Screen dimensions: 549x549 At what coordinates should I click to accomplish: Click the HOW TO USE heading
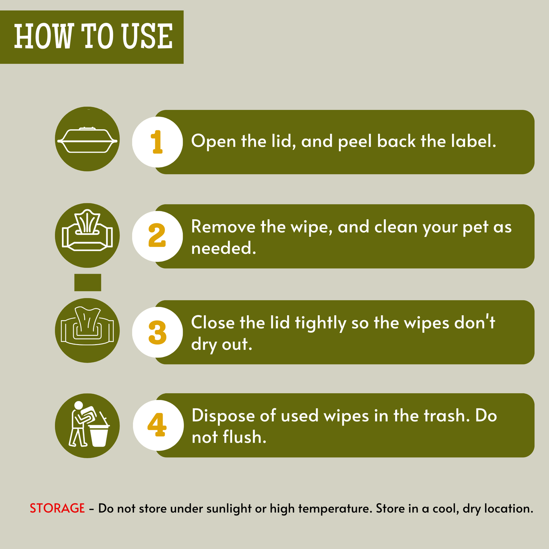pyautogui.click(x=93, y=36)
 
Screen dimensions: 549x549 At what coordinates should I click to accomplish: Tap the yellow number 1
pyautogui.click(x=157, y=142)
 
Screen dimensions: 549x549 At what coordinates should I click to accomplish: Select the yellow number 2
pyautogui.click(x=157, y=235)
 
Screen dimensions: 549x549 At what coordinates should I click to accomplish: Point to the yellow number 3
pyautogui.click(x=157, y=332)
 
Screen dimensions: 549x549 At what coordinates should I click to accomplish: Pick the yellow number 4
pyautogui.click(x=157, y=425)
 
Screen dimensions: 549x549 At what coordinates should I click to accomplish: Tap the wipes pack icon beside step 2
pyautogui.click(x=87, y=230)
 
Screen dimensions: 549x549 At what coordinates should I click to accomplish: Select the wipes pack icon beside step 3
pyautogui.click(x=87, y=326)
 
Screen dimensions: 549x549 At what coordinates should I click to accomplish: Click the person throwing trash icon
pyautogui.click(x=89, y=424)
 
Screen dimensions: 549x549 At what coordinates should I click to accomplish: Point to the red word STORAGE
pyautogui.click(x=57, y=508)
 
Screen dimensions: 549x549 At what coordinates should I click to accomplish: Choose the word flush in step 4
pyautogui.click(x=244, y=437)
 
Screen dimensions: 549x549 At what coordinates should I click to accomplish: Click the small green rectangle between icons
pyautogui.click(x=87, y=282)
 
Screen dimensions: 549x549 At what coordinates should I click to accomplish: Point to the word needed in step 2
pyautogui.click(x=223, y=248)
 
